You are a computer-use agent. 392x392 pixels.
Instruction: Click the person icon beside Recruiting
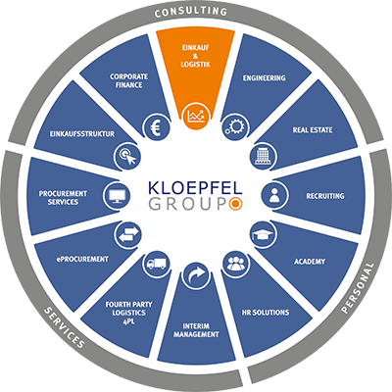(x=274, y=195)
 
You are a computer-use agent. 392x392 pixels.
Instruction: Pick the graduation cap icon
(x=264, y=234)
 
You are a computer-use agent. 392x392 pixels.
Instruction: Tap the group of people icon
(x=236, y=264)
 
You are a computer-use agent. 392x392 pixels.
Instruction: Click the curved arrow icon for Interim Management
(x=195, y=275)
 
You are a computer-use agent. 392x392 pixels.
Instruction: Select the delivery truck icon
(x=156, y=264)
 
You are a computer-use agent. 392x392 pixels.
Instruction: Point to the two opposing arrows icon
(x=128, y=234)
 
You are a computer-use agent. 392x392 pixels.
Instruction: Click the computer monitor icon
(x=117, y=196)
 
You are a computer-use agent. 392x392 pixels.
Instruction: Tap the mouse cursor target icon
(x=127, y=156)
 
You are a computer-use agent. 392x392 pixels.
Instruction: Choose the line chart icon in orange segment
(x=196, y=117)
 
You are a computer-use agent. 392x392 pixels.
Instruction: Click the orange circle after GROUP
(x=235, y=204)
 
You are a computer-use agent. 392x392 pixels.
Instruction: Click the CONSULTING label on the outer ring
(x=191, y=12)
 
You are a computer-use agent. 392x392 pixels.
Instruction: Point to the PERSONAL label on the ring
(x=358, y=288)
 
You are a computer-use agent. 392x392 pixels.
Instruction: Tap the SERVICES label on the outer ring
(x=65, y=327)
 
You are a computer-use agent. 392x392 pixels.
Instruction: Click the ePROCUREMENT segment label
(x=81, y=259)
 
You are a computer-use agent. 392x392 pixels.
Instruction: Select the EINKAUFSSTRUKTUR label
(x=82, y=134)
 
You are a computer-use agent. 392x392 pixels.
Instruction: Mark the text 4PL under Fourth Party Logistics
(x=129, y=321)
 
